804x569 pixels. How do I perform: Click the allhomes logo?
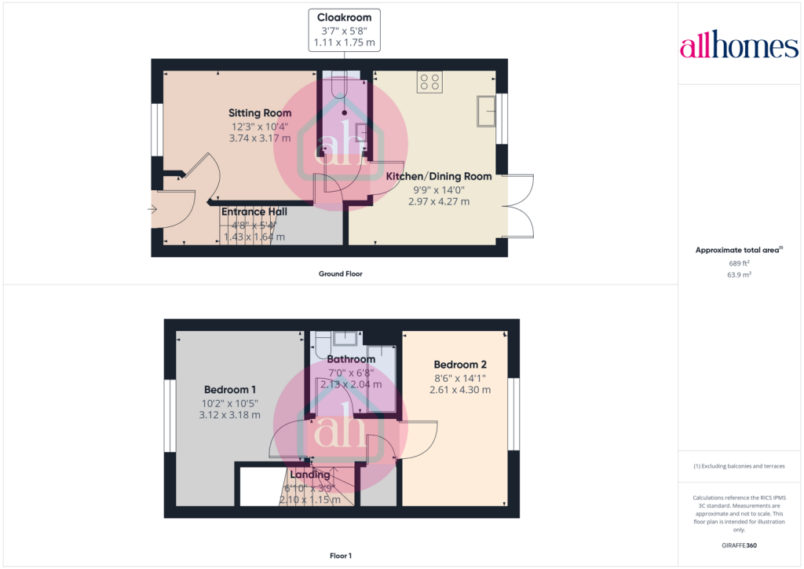(739, 46)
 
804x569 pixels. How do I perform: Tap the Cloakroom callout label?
(344, 18)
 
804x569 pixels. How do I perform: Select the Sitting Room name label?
(260, 113)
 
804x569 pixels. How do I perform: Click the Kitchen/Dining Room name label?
(438, 177)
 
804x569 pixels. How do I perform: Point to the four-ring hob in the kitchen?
(430, 82)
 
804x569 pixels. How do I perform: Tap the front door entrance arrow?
(152, 209)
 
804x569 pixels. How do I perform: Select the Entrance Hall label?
(254, 212)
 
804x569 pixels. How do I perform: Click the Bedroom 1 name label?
(230, 390)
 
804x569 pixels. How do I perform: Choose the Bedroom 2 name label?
(460, 365)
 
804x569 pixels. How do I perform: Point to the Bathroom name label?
(351, 360)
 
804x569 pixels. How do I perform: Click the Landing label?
(309, 475)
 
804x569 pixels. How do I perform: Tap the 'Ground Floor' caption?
(340, 274)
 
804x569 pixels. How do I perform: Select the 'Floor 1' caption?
(341, 556)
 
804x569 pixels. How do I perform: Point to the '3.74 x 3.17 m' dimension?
(260, 138)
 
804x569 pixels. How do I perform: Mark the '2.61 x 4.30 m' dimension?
(460, 390)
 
